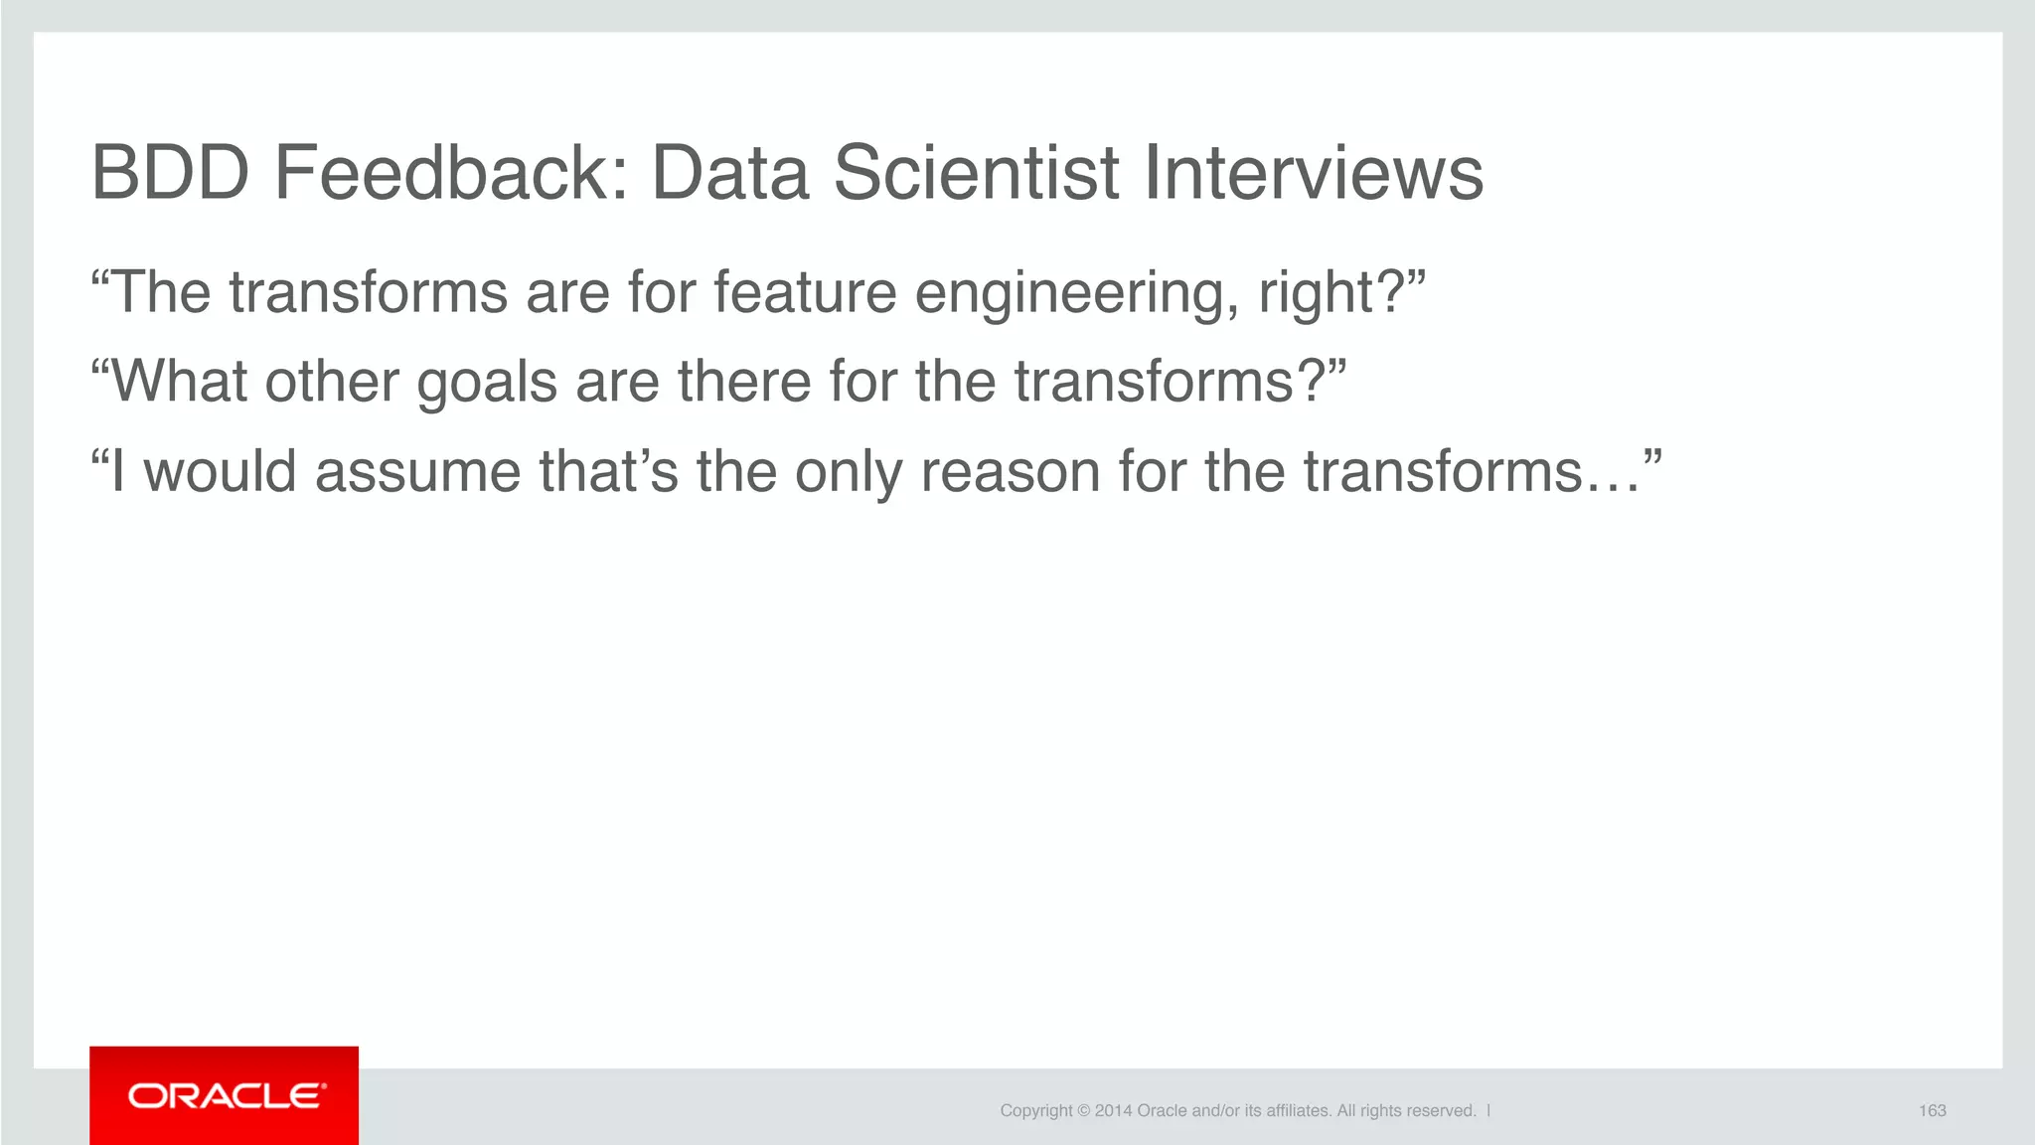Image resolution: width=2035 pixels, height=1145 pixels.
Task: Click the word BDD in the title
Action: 170,173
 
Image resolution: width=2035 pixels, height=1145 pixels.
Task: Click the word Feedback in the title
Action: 451,173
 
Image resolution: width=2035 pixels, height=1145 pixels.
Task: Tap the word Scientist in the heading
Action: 976,173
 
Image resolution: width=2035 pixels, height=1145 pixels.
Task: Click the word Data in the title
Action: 730,173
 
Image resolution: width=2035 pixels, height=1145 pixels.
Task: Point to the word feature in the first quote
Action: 805,293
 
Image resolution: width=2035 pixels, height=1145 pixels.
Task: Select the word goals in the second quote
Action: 487,384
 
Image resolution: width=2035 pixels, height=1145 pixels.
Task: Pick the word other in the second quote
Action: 332,382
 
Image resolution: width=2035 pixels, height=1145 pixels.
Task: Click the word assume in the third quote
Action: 417,472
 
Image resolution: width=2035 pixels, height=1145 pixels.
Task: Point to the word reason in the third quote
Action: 1010,472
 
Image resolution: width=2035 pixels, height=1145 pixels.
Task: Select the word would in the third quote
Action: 220,471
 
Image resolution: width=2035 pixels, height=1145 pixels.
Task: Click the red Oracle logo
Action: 225,1095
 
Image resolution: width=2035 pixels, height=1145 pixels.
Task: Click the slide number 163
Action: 1932,1111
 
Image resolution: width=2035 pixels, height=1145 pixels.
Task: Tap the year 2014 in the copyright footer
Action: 1113,1111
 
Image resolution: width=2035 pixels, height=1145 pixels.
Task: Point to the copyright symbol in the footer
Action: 1084,1111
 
